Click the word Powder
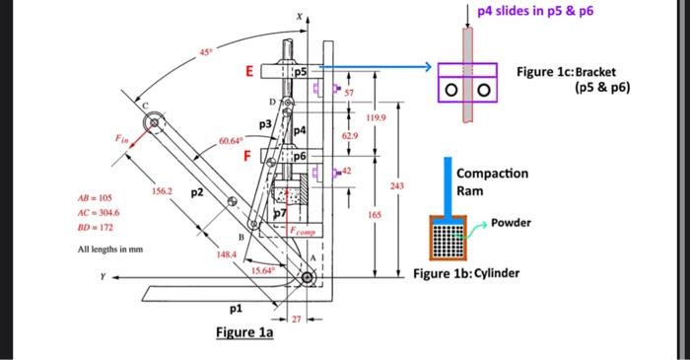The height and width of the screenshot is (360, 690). click(511, 223)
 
